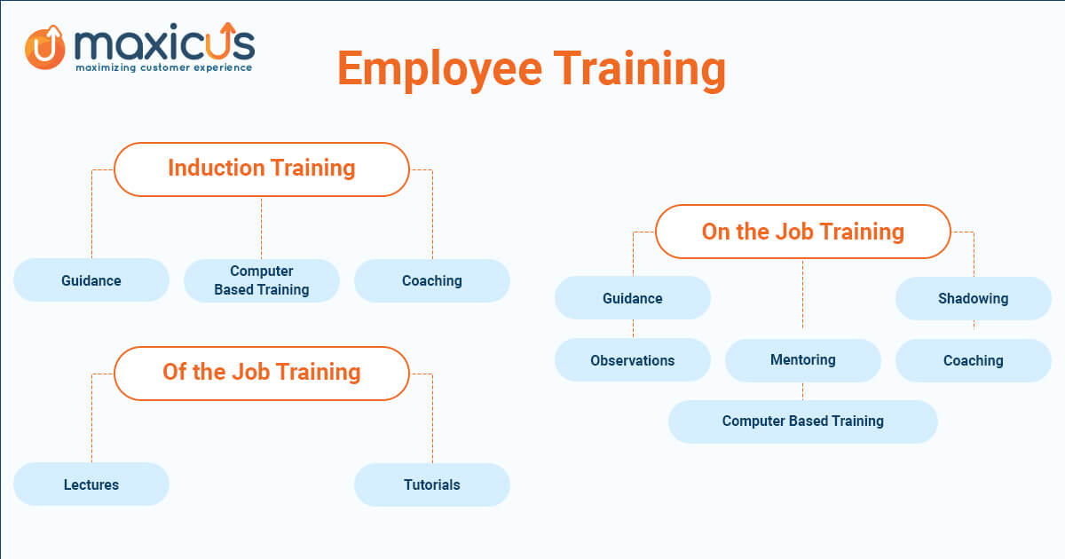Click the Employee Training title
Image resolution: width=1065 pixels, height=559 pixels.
(532, 69)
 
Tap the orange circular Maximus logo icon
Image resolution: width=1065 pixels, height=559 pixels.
(44, 48)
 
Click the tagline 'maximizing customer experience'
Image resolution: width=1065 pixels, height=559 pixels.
(163, 67)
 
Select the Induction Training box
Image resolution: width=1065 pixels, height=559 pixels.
(262, 169)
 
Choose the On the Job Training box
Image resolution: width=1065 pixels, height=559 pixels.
(802, 232)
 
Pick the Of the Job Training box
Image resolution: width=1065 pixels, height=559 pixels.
(262, 374)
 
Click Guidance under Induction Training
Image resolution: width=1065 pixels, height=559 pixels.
(91, 280)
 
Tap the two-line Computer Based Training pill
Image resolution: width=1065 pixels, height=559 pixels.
(262, 280)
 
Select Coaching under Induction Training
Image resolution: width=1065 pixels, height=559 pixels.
(431, 280)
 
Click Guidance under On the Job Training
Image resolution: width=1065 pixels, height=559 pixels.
(632, 297)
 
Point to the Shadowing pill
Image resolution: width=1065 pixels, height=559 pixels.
(974, 298)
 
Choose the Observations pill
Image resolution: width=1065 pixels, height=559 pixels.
(632, 360)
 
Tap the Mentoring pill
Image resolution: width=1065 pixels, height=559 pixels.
(802, 360)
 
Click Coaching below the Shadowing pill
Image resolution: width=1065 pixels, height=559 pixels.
(974, 360)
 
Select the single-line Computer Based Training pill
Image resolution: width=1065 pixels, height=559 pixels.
(802, 421)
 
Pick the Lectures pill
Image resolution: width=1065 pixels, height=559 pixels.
(91, 484)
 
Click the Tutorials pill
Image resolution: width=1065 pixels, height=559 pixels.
(431, 484)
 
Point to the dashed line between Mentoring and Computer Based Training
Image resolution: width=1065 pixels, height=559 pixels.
(802, 390)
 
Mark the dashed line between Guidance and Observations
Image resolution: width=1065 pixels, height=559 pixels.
(633, 328)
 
